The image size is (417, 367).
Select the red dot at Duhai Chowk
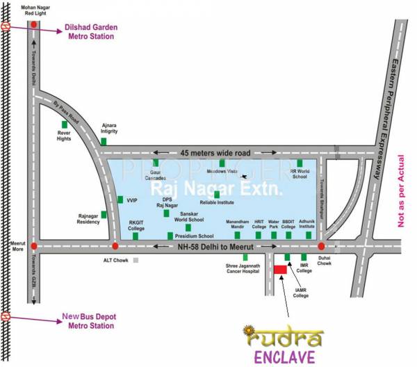coord(321,246)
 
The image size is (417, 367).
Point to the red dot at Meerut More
coord(33,246)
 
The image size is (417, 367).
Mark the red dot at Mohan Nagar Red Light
coord(33,25)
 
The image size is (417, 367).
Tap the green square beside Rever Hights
coord(63,125)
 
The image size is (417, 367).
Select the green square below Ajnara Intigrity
coord(104,141)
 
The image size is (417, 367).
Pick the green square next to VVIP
coord(120,199)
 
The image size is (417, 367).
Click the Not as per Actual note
coord(401,191)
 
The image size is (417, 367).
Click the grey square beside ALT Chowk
coord(136,260)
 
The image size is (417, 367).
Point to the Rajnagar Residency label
coord(88,219)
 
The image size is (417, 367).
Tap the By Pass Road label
coord(67,114)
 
